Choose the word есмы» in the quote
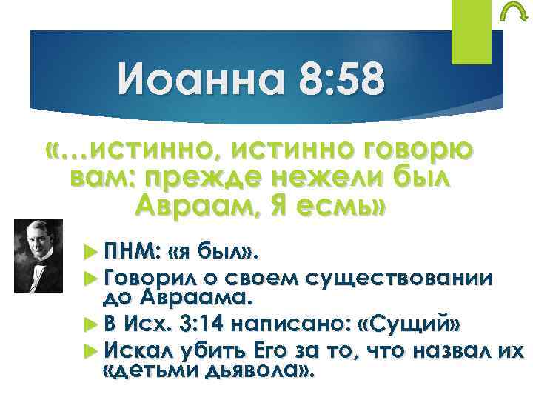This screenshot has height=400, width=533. (x=346, y=205)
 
